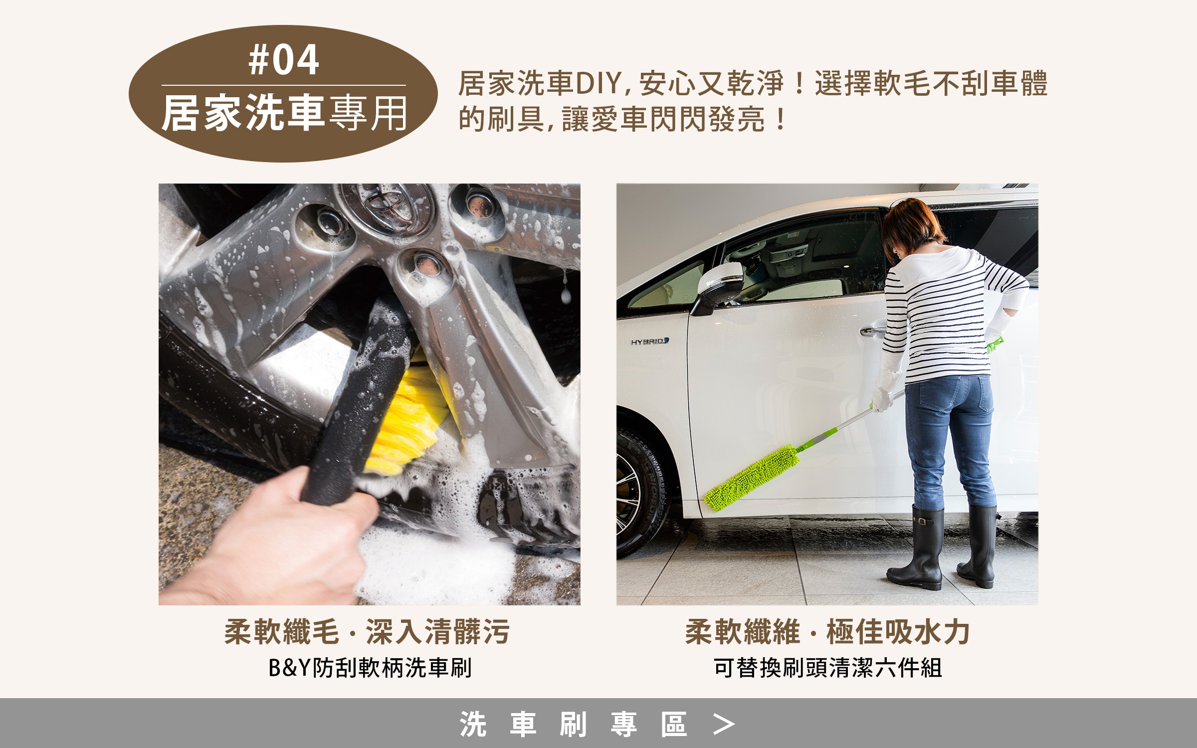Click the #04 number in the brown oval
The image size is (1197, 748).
pos(284,60)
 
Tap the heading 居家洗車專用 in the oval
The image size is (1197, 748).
pos(284,114)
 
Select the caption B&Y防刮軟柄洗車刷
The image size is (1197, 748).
pos(370,668)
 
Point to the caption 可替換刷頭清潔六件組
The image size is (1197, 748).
pos(827,668)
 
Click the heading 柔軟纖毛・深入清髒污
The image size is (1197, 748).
pos(367,632)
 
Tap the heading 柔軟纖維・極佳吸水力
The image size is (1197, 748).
pos(827,632)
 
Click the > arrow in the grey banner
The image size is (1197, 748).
pos(724,724)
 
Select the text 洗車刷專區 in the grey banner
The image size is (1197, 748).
pos(573,724)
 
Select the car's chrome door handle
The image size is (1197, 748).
pos(873,331)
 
